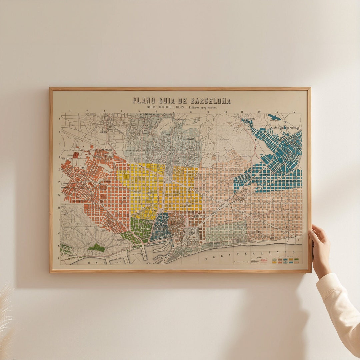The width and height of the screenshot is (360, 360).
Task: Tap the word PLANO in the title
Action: pos(143,101)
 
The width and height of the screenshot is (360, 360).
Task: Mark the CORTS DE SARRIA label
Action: pos(103,150)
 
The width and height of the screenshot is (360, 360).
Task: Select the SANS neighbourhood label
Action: pos(82,167)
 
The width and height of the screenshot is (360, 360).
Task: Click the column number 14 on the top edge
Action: pos(293,112)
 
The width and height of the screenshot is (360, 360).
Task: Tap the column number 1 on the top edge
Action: pos(70,112)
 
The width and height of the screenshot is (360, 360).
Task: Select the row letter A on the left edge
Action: pos(59,118)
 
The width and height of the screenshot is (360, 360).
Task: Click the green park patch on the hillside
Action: pos(96,248)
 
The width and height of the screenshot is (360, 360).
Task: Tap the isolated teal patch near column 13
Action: pos(274,117)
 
